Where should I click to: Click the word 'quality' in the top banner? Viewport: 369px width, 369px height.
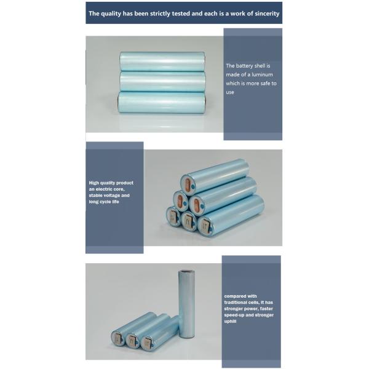pyautogui.click(x=111, y=14)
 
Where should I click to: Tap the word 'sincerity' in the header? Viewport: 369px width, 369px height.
pyautogui.click(x=266, y=14)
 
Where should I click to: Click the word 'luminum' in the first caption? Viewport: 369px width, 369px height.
pyautogui.click(x=262, y=74)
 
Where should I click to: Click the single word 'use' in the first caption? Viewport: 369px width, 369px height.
pyautogui.click(x=230, y=92)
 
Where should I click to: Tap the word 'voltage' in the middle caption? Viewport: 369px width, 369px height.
pyautogui.click(x=111, y=196)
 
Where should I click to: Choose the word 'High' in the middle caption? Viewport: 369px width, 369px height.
pyautogui.click(x=93, y=183)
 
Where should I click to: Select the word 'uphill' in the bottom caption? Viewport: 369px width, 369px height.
pyautogui.click(x=230, y=322)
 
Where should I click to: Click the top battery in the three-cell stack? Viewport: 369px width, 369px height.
pyautogui.click(x=162, y=61)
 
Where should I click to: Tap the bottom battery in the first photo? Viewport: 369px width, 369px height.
pyautogui.click(x=162, y=103)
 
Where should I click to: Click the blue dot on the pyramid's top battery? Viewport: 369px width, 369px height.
pyautogui.click(x=193, y=187)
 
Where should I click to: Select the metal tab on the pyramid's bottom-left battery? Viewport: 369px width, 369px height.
pyautogui.click(x=174, y=217)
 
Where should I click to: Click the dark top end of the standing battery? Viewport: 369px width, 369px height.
pyautogui.click(x=187, y=272)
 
